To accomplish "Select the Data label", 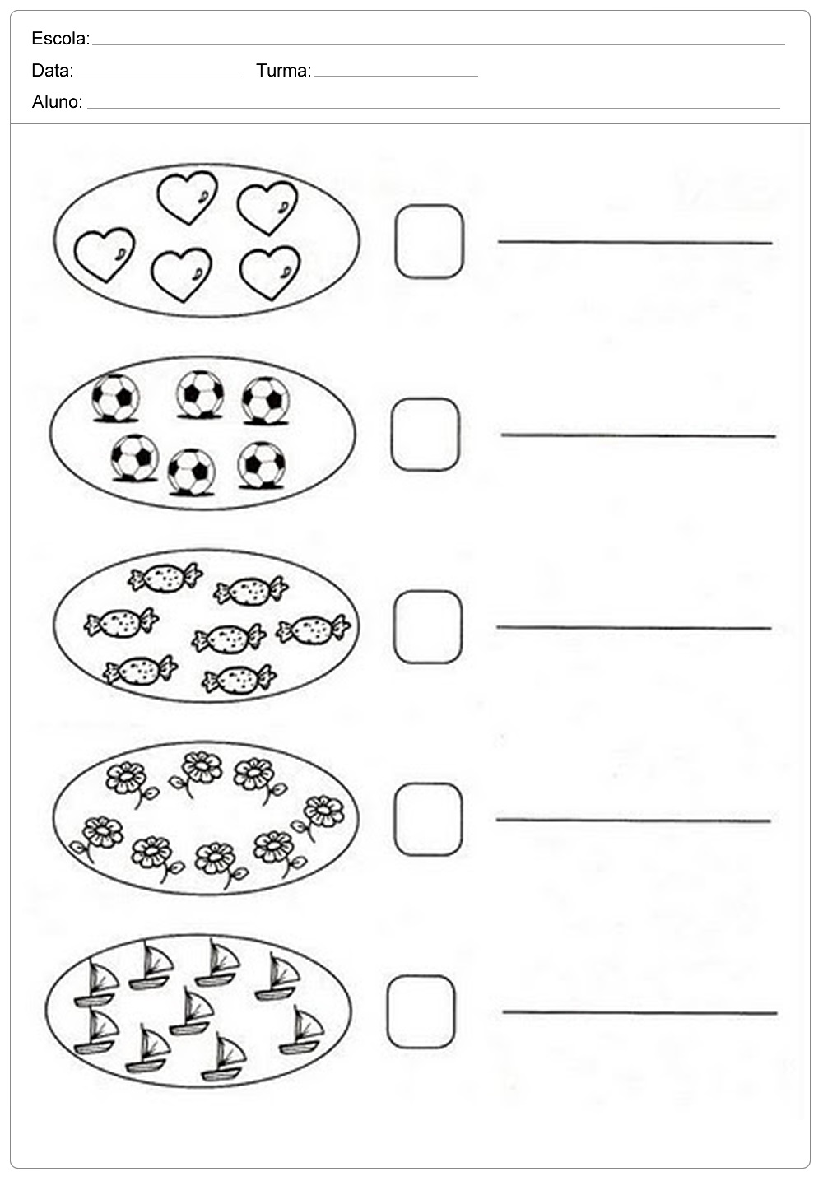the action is [52, 71].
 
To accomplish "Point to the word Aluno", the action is [57, 102].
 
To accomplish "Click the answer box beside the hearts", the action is [429, 241].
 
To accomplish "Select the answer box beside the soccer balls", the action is [425, 435].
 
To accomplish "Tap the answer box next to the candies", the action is [428, 627].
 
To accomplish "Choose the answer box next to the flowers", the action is [428, 820].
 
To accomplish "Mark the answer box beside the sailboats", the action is [421, 1011].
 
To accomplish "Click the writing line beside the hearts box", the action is [635, 243].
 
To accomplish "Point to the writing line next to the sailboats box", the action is [639, 1012].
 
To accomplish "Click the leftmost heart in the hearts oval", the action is [105, 254].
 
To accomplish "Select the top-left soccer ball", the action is [115, 398].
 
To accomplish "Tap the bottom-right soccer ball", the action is [262, 465].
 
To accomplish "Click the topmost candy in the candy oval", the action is [165, 579].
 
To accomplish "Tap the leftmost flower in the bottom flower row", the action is [97, 838].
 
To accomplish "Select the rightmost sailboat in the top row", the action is [277, 978].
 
